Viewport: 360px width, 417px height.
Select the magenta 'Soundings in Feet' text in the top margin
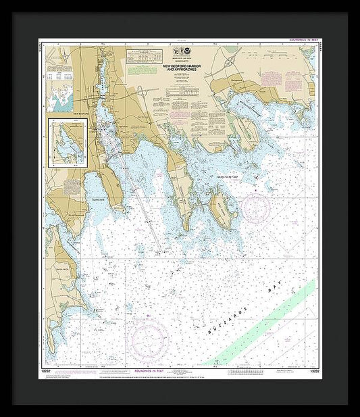pos(302,40)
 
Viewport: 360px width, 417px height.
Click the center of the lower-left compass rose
pos(150,337)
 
